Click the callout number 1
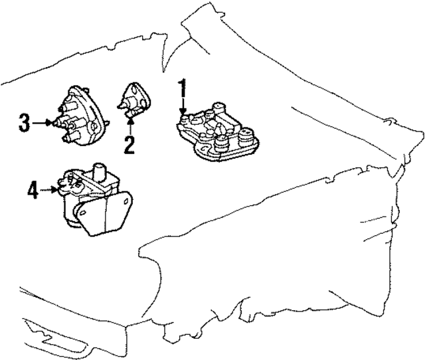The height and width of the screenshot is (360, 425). [181, 88]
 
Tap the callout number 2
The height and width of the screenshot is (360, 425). [129, 143]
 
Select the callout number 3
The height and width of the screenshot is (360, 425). [25, 123]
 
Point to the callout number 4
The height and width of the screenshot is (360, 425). [33, 191]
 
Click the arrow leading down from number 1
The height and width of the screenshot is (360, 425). [181, 108]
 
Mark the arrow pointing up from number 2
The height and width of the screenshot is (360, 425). [129, 122]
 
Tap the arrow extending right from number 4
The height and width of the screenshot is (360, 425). [50, 191]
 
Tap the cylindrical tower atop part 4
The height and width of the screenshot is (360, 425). [101, 171]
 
